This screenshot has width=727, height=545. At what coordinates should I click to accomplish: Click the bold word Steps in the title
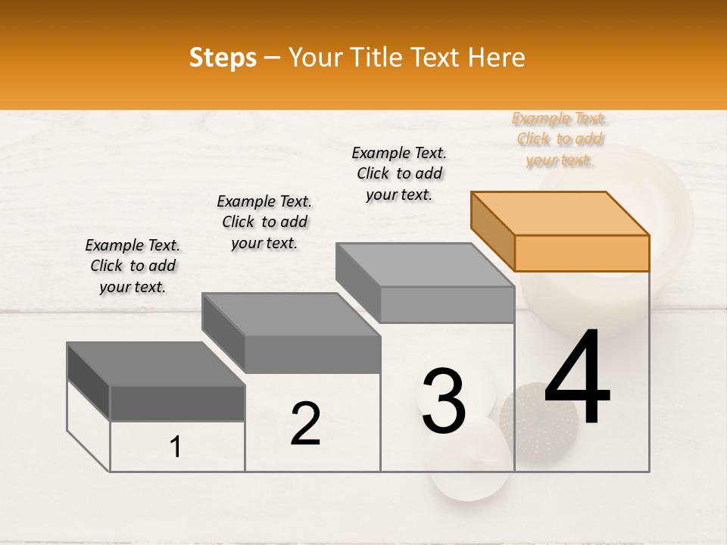pos(223,58)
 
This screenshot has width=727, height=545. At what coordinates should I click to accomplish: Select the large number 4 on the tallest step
pos(577,378)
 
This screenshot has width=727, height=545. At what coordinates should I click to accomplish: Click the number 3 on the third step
pos(444,400)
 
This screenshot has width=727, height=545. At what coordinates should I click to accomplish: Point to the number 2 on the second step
pos(305,424)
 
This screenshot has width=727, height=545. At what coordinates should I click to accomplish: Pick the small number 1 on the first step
pos(175,447)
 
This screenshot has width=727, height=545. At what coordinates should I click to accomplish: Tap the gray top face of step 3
pos(424,264)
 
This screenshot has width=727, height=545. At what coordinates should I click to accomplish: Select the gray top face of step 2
pos(290,314)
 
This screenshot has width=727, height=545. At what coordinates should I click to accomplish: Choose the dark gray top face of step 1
pos(156,363)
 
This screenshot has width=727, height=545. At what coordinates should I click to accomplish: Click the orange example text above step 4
pos(560,139)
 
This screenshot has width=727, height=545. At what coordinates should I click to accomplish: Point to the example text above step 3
pos(399,173)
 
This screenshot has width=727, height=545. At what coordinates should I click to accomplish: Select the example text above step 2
pos(264,222)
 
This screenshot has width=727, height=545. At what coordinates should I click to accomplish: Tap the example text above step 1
pos(133,266)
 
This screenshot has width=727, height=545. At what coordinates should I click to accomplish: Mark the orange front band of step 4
pos(582,253)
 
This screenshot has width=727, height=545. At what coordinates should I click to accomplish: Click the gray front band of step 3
pos(447,304)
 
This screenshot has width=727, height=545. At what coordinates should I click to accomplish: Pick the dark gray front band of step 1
pos(177,403)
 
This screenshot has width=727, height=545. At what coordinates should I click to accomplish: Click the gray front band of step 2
pos(312,354)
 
